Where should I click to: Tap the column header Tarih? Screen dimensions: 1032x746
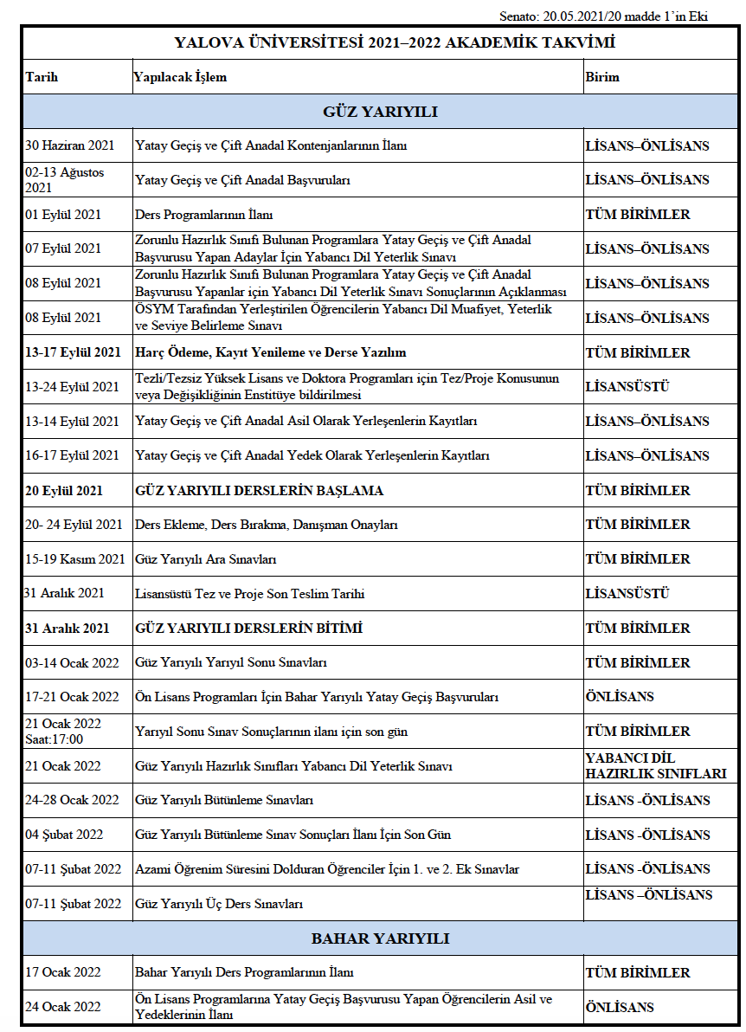coord(42,77)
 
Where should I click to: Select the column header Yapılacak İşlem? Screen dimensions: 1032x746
coord(180,77)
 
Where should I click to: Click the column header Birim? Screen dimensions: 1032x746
coord(602,77)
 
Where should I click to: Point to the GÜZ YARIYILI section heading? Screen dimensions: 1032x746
coord(380,112)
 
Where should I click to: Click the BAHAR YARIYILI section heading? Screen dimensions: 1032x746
coord(380,938)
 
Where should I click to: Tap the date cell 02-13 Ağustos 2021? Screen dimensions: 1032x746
coord(64,180)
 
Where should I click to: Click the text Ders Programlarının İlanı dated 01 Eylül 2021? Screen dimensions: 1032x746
coord(204,215)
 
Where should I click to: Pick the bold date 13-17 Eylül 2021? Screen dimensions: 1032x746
coord(73,352)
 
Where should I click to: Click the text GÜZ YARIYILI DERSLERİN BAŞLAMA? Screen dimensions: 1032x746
coord(259,490)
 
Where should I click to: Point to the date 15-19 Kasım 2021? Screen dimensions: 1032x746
coord(75,559)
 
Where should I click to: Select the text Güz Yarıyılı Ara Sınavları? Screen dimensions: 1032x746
coord(206,559)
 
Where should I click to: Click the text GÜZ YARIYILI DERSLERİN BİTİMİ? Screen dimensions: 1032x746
coord(248,628)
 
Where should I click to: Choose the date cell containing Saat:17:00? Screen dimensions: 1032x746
coord(63,732)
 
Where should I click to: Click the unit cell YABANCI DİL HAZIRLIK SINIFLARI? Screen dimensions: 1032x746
coord(655,766)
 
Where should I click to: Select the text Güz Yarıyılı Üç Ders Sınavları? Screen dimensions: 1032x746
coord(219,904)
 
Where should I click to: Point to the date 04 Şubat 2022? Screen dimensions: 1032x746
coord(64,835)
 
